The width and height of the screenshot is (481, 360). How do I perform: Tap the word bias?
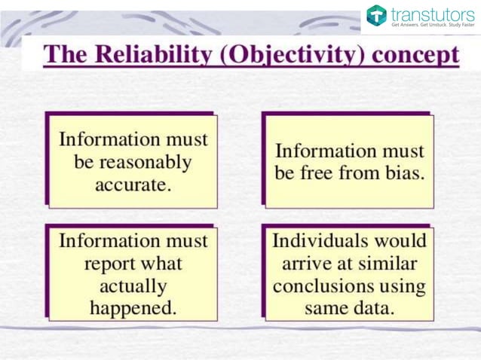(x=403, y=173)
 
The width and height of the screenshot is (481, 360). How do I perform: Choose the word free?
(x=325, y=173)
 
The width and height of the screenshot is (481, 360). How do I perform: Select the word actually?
(x=133, y=285)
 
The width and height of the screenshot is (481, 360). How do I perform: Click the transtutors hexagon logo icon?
(x=376, y=14)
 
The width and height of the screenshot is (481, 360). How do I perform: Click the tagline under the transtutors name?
(x=433, y=25)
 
